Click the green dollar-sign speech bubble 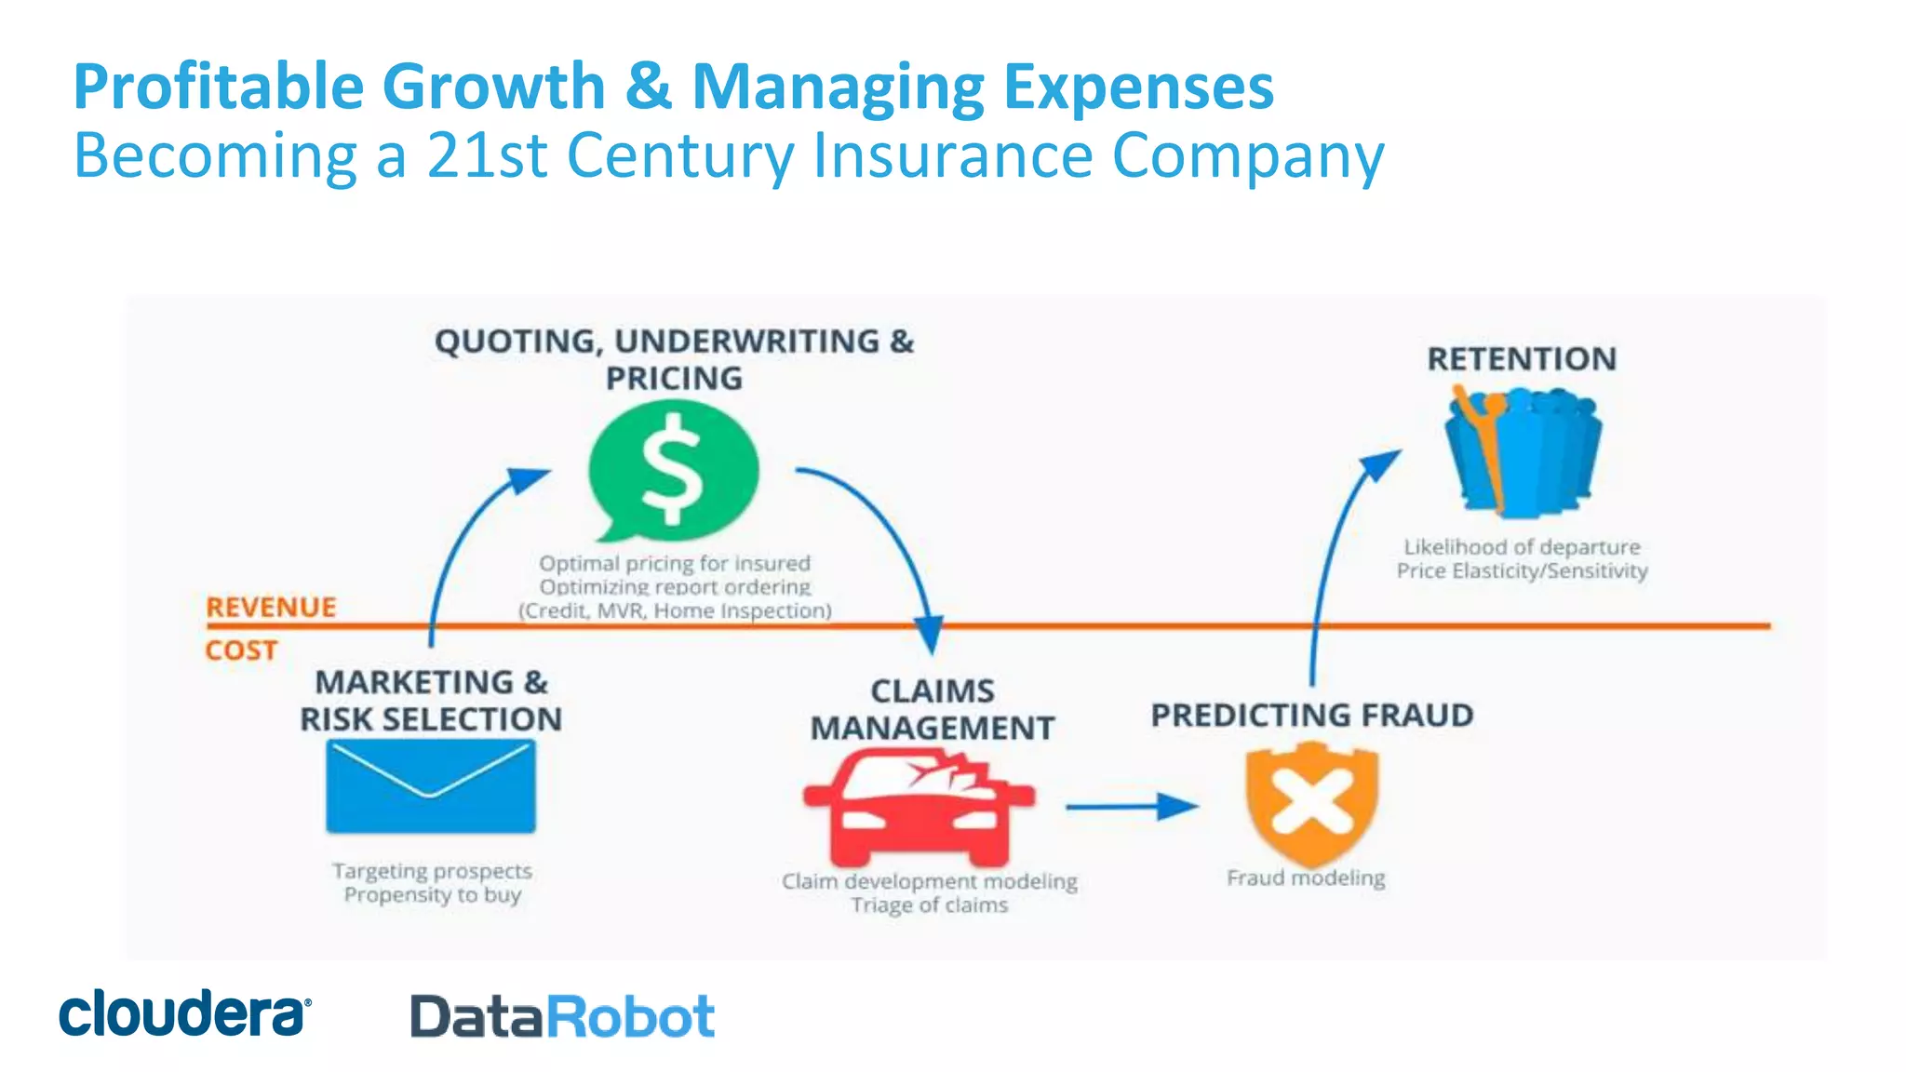click(674, 470)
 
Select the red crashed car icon click(918, 808)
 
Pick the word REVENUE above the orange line click(271, 608)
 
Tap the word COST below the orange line click(241, 650)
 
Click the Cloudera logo click(184, 1013)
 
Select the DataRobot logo click(562, 1016)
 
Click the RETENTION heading click(1522, 359)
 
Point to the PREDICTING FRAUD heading click(1312, 716)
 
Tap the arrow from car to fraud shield click(1131, 807)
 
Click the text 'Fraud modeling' click(1306, 878)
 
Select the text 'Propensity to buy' click(433, 895)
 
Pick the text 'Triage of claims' click(929, 905)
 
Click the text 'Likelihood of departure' click(1522, 547)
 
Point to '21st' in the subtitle click(486, 155)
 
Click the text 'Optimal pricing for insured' click(675, 564)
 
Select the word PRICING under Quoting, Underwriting click(675, 379)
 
